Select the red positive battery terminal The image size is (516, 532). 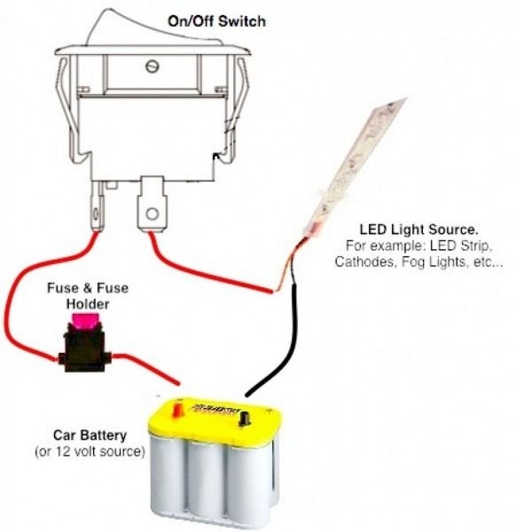[x=177, y=410]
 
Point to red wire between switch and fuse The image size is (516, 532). [x=27, y=293]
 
